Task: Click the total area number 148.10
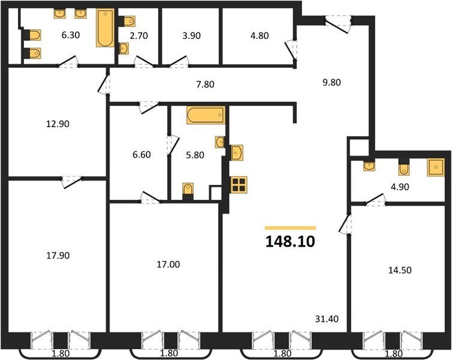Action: pyautogui.click(x=290, y=242)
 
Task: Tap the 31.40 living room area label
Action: pyautogui.click(x=327, y=319)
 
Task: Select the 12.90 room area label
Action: pyautogui.click(x=58, y=124)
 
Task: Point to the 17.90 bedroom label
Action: pyautogui.click(x=58, y=256)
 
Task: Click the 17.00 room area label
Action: pyautogui.click(x=168, y=264)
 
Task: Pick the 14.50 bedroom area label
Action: pyautogui.click(x=400, y=270)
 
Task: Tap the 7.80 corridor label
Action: pyautogui.click(x=205, y=85)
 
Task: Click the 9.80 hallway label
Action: pyautogui.click(x=332, y=83)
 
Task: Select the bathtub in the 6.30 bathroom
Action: pyautogui.click(x=105, y=28)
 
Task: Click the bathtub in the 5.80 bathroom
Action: pyautogui.click(x=206, y=115)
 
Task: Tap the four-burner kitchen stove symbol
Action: pyautogui.click(x=239, y=185)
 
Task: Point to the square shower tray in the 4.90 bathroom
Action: pyautogui.click(x=436, y=167)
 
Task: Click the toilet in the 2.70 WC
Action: pyautogui.click(x=127, y=22)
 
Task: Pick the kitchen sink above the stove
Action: pyautogui.click(x=237, y=152)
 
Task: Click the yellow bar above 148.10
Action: pyautogui.click(x=290, y=228)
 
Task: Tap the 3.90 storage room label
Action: pyautogui.click(x=191, y=36)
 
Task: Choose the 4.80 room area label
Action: pyautogui.click(x=260, y=35)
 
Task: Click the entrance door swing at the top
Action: pyautogui.click(x=338, y=24)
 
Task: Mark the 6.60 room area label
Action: pyautogui.click(x=141, y=155)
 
